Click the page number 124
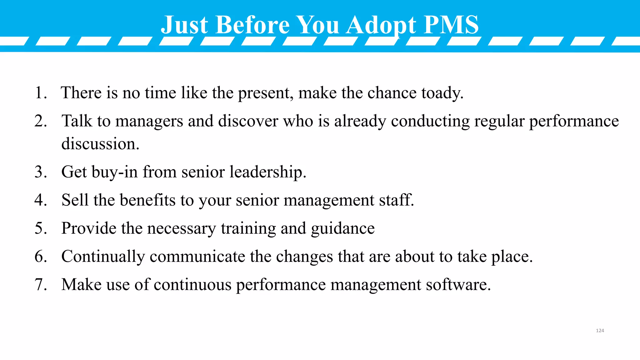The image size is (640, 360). [600, 331]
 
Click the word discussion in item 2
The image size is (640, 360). [100, 144]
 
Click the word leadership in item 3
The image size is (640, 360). [267, 172]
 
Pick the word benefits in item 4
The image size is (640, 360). [147, 200]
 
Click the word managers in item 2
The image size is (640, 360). [149, 121]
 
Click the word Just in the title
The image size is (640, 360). [184, 25]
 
